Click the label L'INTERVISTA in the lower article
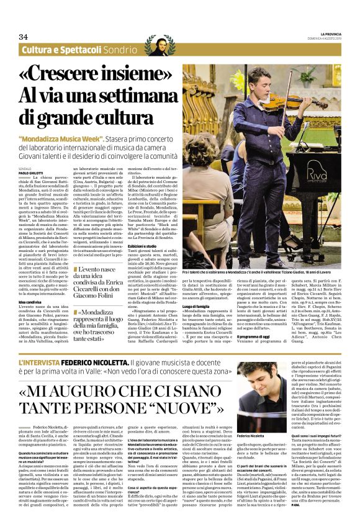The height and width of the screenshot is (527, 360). [x=41, y=361]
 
